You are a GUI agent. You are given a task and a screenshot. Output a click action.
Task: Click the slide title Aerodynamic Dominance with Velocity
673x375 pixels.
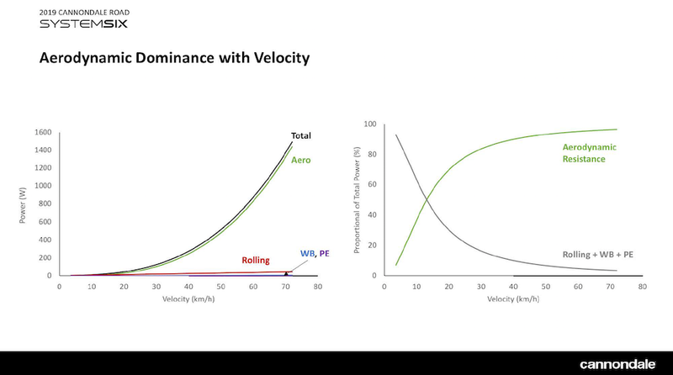click(x=175, y=59)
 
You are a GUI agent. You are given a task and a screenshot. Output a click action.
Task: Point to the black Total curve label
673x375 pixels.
click(x=300, y=135)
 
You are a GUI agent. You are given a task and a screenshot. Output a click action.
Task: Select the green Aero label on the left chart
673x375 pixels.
click(x=300, y=159)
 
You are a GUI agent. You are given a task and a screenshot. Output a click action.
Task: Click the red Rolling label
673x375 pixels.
click(x=256, y=261)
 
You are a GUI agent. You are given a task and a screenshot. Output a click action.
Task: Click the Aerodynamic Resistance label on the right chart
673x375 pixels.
click(x=589, y=152)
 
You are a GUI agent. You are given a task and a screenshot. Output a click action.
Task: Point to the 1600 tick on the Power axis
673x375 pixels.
click(x=43, y=132)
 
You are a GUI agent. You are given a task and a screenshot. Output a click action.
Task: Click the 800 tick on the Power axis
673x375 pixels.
click(x=45, y=203)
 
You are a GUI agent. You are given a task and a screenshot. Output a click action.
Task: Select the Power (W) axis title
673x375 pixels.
click(x=23, y=203)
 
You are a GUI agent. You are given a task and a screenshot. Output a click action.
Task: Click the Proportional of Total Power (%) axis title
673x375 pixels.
click(x=357, y=200)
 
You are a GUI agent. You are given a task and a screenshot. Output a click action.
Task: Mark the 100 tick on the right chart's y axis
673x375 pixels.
click(x=368, y=124)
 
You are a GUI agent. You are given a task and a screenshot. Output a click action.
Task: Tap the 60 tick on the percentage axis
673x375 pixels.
click(x=371, y=185)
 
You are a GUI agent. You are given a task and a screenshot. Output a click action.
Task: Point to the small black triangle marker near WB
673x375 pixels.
click(x=286, y=273)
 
